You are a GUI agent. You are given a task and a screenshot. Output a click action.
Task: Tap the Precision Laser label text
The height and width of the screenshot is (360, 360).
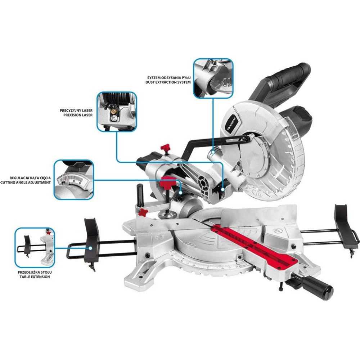point(76,113)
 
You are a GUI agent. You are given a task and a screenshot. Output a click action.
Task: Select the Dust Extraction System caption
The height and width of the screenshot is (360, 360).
point(168,80)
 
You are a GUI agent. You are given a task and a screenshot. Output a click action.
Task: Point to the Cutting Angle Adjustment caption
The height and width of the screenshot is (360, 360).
point(26,180)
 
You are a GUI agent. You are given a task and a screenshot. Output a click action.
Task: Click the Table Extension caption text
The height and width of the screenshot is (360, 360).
point(35,275)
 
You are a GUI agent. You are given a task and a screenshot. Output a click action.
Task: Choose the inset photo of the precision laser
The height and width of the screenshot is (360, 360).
point(117,112)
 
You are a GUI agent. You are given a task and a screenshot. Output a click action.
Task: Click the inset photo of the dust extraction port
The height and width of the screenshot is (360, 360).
point(213,78)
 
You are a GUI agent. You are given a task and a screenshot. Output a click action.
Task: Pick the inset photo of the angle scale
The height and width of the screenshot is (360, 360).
point(74,180)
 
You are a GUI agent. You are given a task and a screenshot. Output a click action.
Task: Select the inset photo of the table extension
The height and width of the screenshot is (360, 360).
point(35,248)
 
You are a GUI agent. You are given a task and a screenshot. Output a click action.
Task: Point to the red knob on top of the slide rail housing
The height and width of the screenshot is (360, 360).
point(165,147)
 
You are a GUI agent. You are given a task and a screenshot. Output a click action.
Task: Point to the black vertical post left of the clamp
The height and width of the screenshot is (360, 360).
point(140,195)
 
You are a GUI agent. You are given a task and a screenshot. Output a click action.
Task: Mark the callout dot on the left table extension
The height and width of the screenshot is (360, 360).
point(91,248)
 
